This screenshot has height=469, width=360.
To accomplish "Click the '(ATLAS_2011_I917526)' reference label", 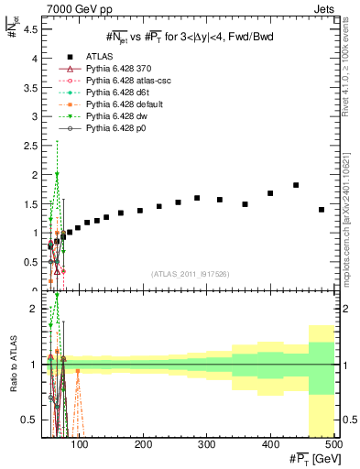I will [191, 274].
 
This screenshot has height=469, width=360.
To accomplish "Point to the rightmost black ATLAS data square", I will [322, 210].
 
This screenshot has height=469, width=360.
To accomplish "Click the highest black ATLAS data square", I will [296, 185].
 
